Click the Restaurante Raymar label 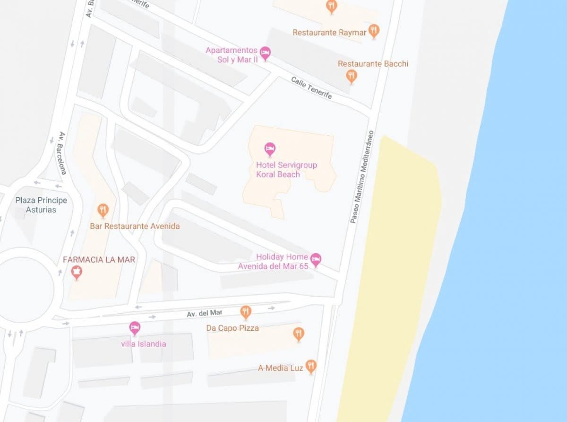(x=329, y=33)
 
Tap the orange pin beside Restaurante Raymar (x=374, y=31)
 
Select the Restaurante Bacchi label (x=373, y=63)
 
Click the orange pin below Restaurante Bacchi (x=351, y=76)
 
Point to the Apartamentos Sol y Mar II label (x=232, y=55)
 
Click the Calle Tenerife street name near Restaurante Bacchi (x=311, y=88)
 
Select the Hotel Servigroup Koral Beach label (x=286, y=169)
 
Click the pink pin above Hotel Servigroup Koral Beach (x=270, y=150)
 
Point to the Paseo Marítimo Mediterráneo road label (x=361, y=177)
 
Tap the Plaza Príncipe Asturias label (x=41, y=205)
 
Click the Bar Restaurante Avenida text (x=135, y=226)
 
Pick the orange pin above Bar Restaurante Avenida (x=103, y=210)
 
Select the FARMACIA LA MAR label (x=99, y=260)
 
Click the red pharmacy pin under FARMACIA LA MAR (x=76, y=273)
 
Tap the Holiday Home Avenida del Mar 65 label (x=282, y=261)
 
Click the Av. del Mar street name (x=204, y=313)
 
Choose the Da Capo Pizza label (x=232, y=328)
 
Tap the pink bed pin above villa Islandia (x=135, y=328)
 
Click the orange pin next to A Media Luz (x=310, y=366)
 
